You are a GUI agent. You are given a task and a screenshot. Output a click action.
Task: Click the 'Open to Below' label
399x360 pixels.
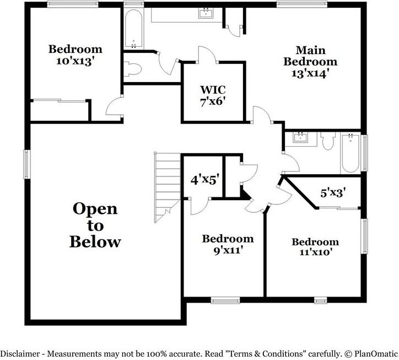coord(95,225)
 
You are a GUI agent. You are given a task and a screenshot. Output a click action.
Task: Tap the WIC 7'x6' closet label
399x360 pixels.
coord(213,95)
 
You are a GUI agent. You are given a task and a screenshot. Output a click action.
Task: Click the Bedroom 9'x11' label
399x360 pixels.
coord(228,244)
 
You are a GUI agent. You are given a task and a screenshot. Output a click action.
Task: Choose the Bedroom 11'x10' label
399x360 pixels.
coord(315,247)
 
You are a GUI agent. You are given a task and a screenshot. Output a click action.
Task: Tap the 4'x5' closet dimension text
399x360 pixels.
coord(205,180)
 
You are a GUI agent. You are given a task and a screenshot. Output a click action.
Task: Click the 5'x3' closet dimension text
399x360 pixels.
coord(333,194)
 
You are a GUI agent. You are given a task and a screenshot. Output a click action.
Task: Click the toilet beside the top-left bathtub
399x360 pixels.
coord(134,69)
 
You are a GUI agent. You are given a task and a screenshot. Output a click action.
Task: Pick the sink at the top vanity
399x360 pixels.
coord(206,13)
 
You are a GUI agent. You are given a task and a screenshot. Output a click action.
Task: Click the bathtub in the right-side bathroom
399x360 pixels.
coord(351,153)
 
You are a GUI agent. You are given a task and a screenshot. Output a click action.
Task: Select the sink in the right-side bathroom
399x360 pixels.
coord(300,137)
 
